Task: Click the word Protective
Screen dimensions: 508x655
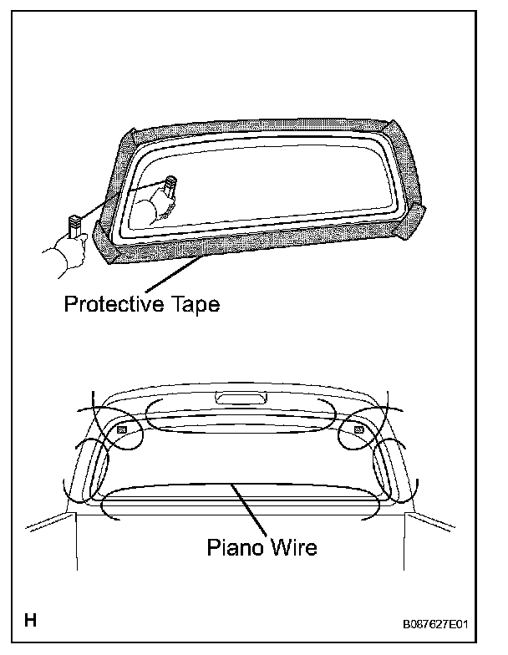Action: click(114, 305)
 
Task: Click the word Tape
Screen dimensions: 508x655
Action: click(193, 305)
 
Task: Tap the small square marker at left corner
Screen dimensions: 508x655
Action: click(121, 429)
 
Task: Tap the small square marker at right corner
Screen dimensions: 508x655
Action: click(358, 429)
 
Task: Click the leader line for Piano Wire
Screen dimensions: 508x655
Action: click(251, 510)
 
